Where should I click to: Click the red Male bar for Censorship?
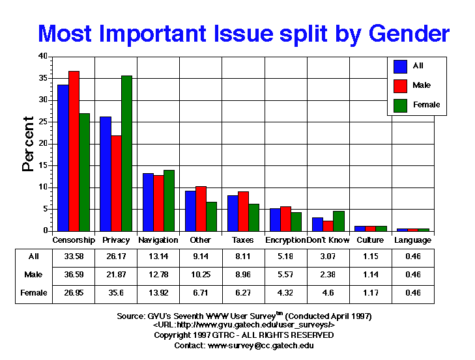pyautogui.click(x=74, y=150)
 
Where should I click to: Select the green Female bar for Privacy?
pyautogui.click(x=126, y=153)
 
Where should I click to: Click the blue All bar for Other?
pyautogui.click(x=190, y=211)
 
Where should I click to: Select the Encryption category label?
pyautogui.click(x=285, y=240)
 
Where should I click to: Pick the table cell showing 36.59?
pyautogui.click(x=74, y=275)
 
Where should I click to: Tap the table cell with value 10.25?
pyautogui.click(x=201, y=275)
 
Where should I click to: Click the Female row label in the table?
pyautogui.click(x=33, y=293)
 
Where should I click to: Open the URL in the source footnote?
pyautogui.click(x=244, y=325)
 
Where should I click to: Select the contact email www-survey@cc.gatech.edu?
pyautogui.click(x=267, y=345)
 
